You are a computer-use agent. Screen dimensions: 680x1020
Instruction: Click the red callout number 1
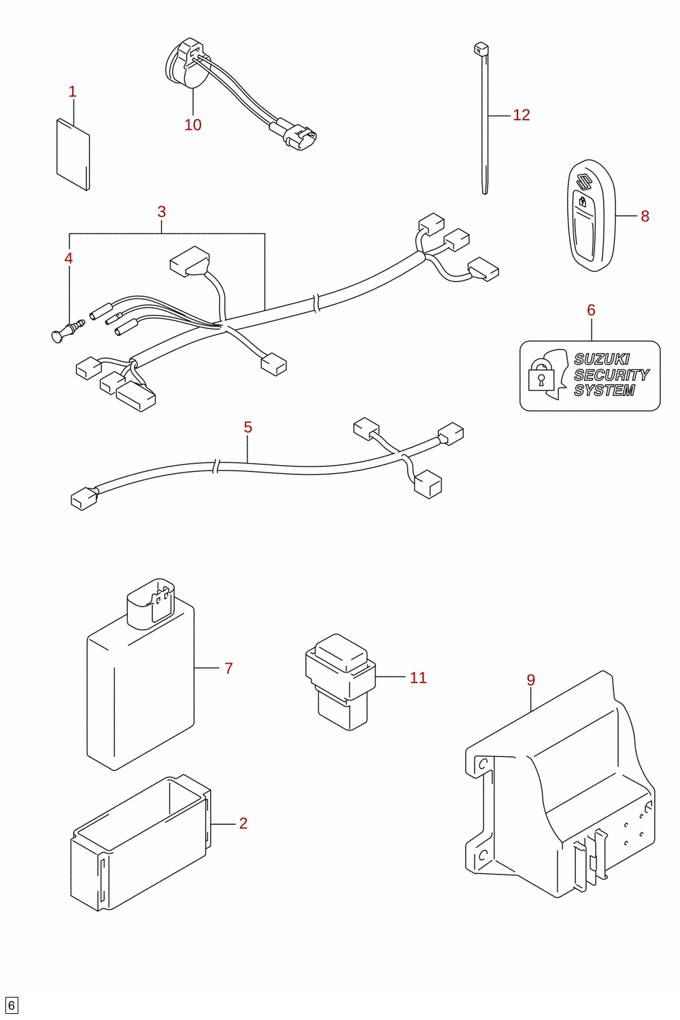point(72,92)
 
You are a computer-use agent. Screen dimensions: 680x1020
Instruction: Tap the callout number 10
point(192,124)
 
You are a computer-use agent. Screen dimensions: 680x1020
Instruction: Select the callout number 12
point(522,115)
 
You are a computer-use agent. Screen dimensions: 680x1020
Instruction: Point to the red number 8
point(645,216)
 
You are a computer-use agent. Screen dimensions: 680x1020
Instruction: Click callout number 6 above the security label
point(591,310)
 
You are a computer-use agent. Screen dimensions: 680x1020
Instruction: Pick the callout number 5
point(248,427)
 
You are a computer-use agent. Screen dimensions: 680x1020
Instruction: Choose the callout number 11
point(418,677)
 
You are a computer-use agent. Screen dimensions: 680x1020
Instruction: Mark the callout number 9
point(530,680)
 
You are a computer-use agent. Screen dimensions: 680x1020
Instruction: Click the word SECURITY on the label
point(611,375)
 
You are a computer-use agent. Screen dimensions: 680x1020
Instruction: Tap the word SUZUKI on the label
point(602,359)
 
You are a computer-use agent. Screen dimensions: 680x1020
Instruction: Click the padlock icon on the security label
point(541,375)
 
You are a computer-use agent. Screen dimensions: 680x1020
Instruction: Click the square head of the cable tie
point(481,48)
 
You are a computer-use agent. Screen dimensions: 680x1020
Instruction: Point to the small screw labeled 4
point(67,330)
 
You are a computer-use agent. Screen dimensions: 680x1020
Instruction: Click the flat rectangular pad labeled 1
point(73,154)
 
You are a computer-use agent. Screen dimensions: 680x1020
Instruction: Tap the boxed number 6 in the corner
point(12,1006)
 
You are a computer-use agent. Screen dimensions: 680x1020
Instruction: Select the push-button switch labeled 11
point(340,681)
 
